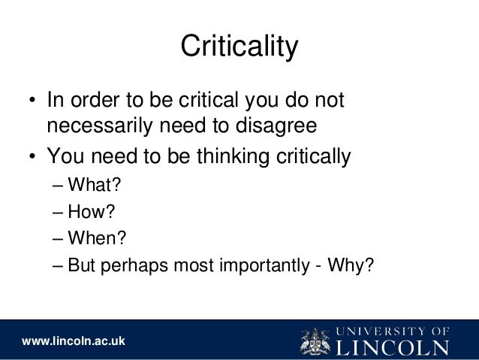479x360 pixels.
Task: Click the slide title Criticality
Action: [239, 47]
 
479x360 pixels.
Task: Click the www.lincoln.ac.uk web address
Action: [73, 342]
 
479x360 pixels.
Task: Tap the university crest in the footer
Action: [315, 340]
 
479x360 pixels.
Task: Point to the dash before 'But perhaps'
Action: [59, 266]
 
